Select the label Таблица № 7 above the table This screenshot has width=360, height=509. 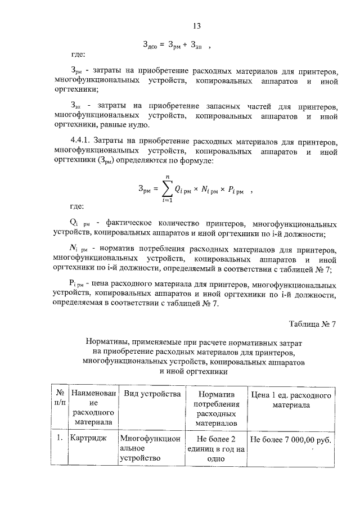[x=312, y=324]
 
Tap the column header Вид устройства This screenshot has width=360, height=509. [x=152, y=393]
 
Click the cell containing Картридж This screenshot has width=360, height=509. [x=87, y=438]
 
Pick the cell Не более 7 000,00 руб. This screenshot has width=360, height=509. [x=290, y=439]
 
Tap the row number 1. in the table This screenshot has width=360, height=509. [x=59, y=438]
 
